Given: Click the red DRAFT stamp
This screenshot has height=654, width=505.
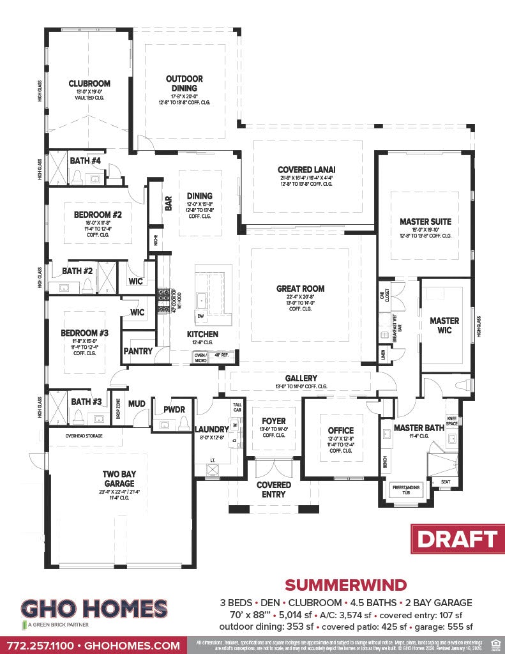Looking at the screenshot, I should pos(456,538).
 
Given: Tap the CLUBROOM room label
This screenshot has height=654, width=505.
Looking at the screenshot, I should pos(89,83).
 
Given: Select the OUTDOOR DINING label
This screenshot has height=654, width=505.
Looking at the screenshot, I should pos(185,84).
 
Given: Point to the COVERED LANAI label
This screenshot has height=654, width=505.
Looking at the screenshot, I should pos(306,170).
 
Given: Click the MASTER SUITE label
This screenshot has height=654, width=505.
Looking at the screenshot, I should pos(425,222).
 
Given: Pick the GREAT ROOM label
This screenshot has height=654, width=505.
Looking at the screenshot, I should pos(299,289).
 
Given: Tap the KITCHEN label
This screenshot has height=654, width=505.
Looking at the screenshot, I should pos(202,334).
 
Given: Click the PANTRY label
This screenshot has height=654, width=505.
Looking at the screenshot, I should pos(138,351).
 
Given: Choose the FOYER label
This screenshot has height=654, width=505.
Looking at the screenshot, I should pos(274,421).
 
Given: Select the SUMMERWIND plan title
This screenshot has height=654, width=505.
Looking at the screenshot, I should pos(345,584).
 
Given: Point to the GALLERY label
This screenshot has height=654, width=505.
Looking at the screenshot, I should pos(301,378).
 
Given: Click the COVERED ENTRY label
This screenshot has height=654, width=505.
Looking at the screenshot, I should pos(274,489).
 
